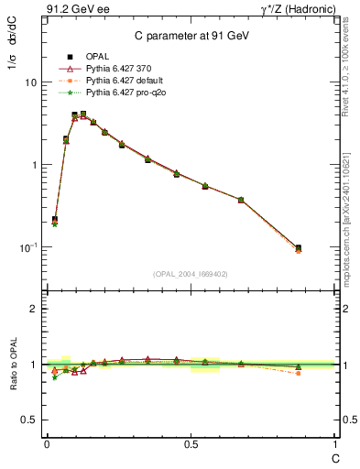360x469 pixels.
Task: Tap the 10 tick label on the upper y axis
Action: click(30, 82)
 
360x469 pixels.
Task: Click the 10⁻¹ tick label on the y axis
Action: click(27, 247)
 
